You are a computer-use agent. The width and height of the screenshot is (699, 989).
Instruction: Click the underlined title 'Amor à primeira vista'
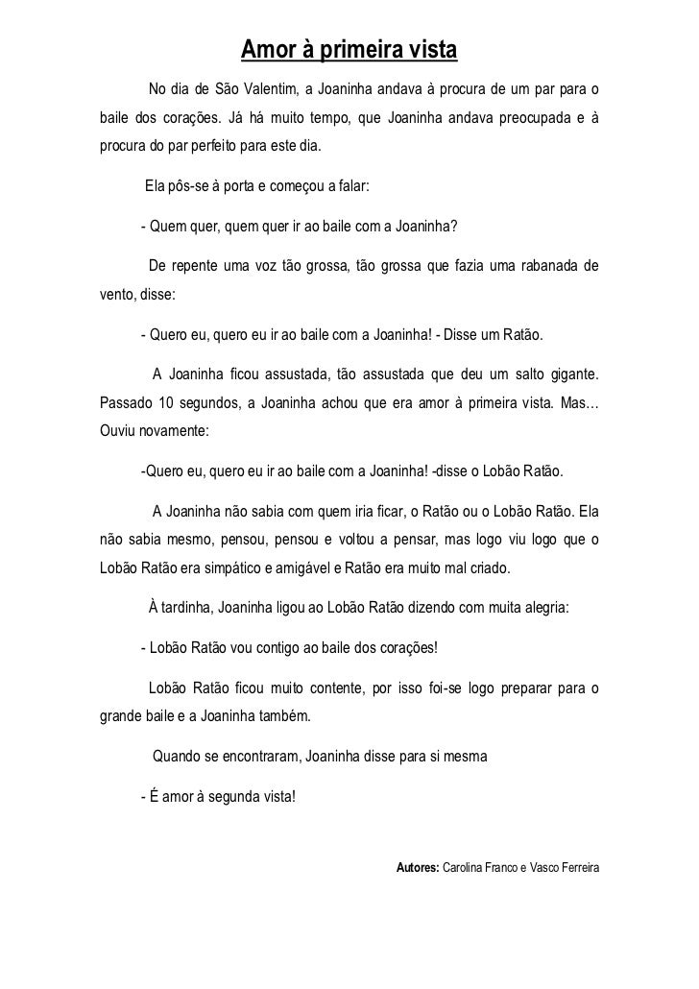coord(349,49)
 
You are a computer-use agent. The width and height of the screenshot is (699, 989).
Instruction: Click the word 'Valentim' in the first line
coord(269,91)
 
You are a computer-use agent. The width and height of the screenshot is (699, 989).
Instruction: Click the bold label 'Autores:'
coord(417,867)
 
